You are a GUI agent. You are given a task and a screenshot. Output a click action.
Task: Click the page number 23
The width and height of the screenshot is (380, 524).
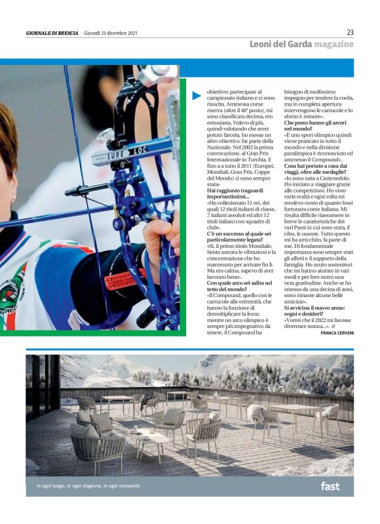pos(350,32)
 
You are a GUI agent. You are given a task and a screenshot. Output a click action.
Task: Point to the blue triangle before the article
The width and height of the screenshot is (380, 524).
pos(197,96)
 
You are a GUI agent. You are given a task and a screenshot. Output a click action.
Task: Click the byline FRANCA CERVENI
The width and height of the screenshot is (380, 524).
pos(337,333)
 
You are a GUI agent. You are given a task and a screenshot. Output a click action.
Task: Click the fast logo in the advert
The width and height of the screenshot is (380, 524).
pos(330,486)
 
